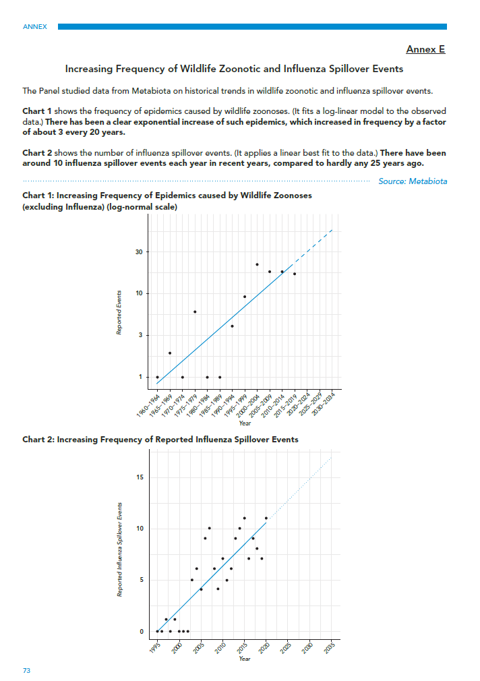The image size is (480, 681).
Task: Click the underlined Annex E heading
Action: point(425,49)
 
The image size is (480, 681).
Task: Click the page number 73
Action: point(27,671)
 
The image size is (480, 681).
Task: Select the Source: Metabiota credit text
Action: point(413,181)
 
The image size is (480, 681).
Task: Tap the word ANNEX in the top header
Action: point(35,27)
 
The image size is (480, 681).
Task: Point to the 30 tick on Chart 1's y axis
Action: point(138,252)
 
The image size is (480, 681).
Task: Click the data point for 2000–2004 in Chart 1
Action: point(257,264)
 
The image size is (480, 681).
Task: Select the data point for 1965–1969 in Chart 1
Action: point(170,353)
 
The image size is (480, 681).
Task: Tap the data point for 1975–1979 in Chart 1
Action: point(195,312)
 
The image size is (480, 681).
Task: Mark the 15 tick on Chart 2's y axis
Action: point(140,477)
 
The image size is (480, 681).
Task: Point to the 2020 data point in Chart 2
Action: point(266,518)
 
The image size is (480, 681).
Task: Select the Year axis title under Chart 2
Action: point(245,659)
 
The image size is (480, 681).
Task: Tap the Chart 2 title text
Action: point(160,440)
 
